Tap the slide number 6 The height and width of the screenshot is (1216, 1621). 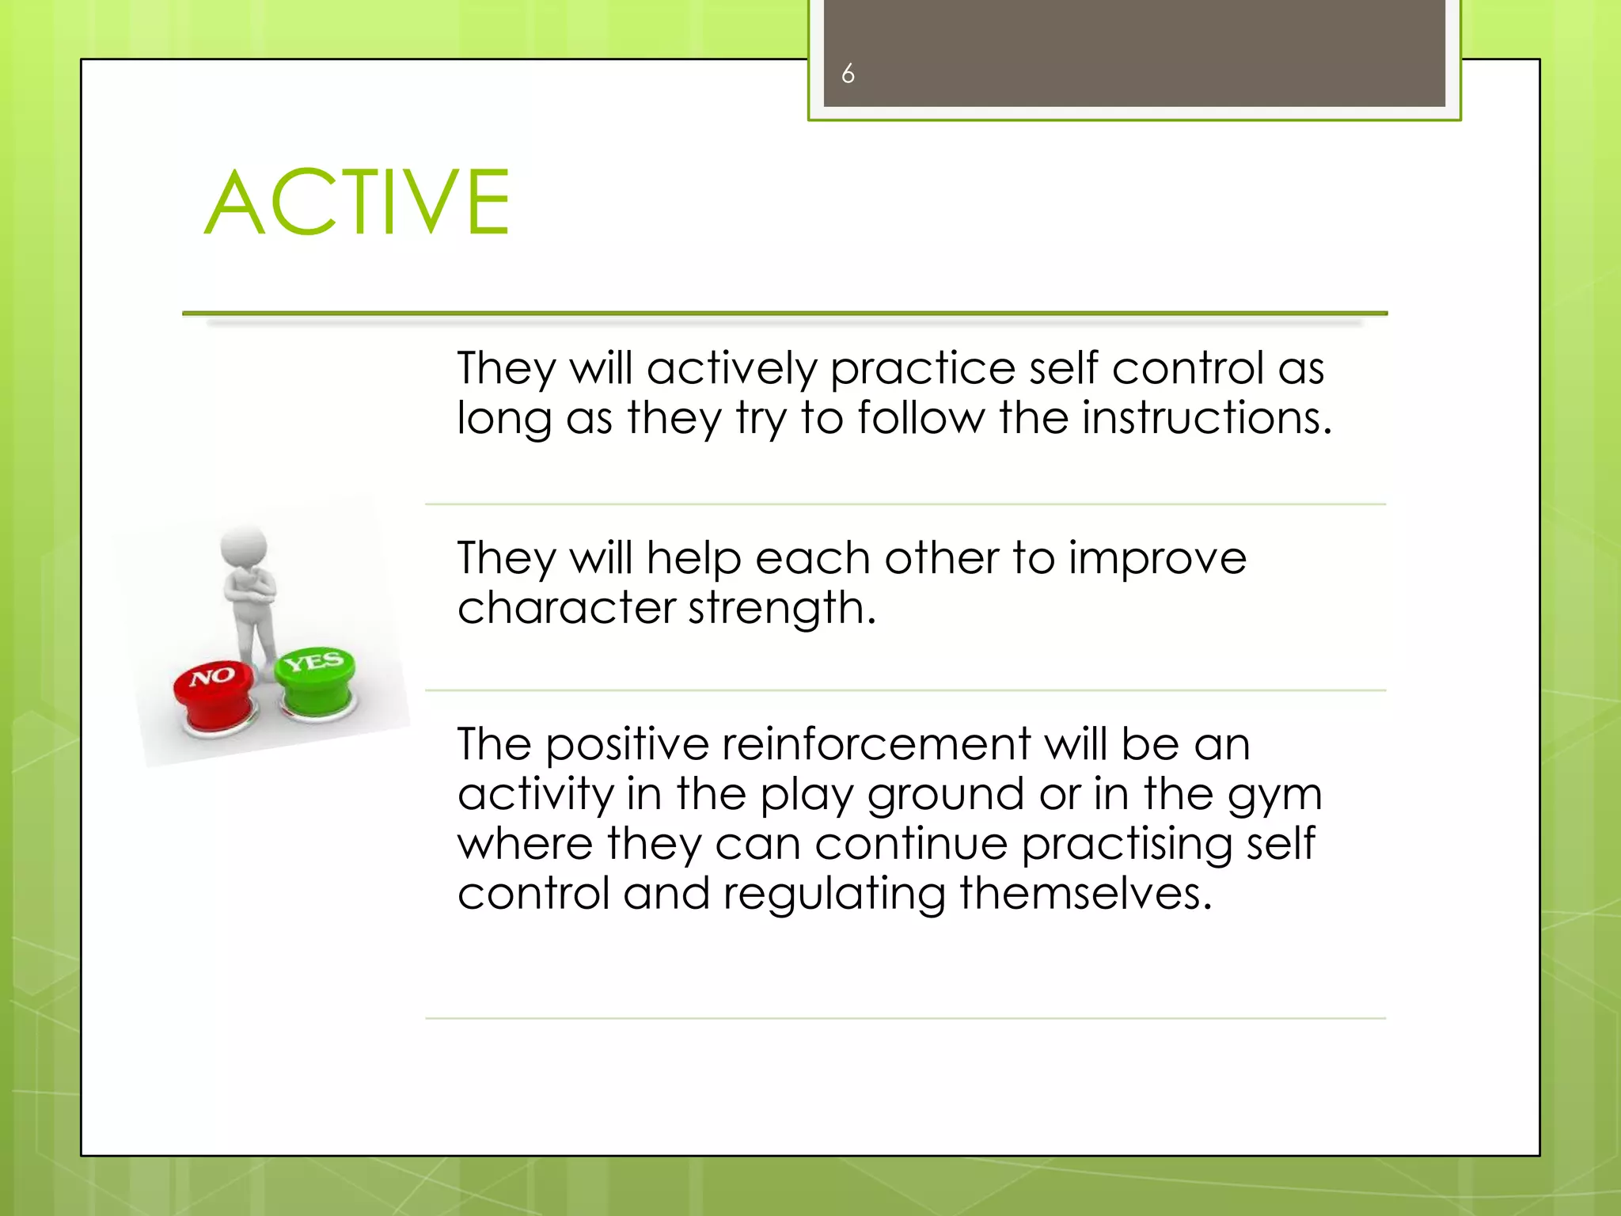tap(848, 74)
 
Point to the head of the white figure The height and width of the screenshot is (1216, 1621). tap(245, 546)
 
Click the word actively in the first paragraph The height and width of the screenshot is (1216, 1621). tap(731, 369)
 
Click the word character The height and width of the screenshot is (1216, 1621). tap(566, 608)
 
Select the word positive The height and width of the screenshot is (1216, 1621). tap(626, 746)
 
